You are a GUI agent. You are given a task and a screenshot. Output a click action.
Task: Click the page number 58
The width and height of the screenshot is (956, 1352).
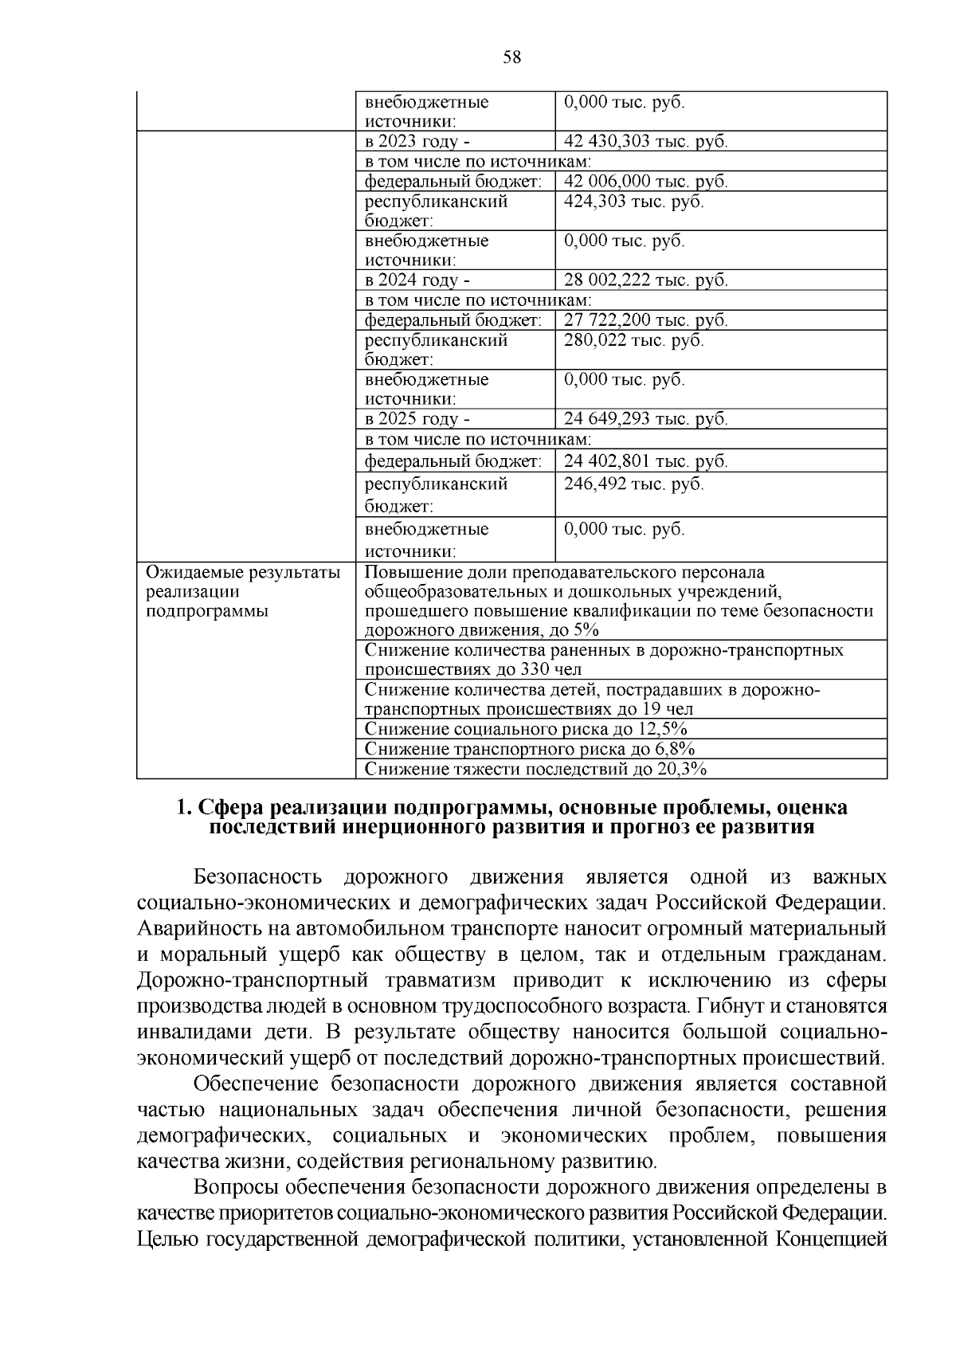511,57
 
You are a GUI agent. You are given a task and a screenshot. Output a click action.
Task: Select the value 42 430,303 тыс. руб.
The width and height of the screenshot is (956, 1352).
645,142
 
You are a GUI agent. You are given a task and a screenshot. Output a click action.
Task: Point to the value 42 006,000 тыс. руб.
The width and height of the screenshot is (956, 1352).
645,182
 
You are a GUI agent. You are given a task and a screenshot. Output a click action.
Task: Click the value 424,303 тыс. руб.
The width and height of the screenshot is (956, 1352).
633,202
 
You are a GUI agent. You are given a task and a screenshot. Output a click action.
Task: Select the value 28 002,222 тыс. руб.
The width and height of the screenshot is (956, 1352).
645,280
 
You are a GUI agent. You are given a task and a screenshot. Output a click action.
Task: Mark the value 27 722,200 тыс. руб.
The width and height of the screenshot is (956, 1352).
645,320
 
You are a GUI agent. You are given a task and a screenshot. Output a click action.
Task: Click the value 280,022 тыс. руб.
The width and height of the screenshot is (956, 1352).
633,340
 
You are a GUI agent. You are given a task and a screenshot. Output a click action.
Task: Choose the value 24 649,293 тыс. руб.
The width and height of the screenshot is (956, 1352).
645,419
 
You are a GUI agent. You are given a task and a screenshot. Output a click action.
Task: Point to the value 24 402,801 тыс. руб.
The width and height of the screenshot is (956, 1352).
645,461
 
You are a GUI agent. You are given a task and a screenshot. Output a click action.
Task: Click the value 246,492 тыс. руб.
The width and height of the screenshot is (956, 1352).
633,484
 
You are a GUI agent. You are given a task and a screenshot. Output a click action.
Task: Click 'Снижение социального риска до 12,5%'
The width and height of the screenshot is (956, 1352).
525,729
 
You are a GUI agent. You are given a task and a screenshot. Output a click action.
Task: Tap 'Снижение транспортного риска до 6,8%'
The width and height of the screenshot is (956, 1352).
530,749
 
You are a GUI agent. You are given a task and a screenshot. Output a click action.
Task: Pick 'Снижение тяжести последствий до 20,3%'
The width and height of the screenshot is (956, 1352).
535,769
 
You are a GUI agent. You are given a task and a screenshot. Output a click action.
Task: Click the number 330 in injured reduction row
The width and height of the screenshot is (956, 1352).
535,669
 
